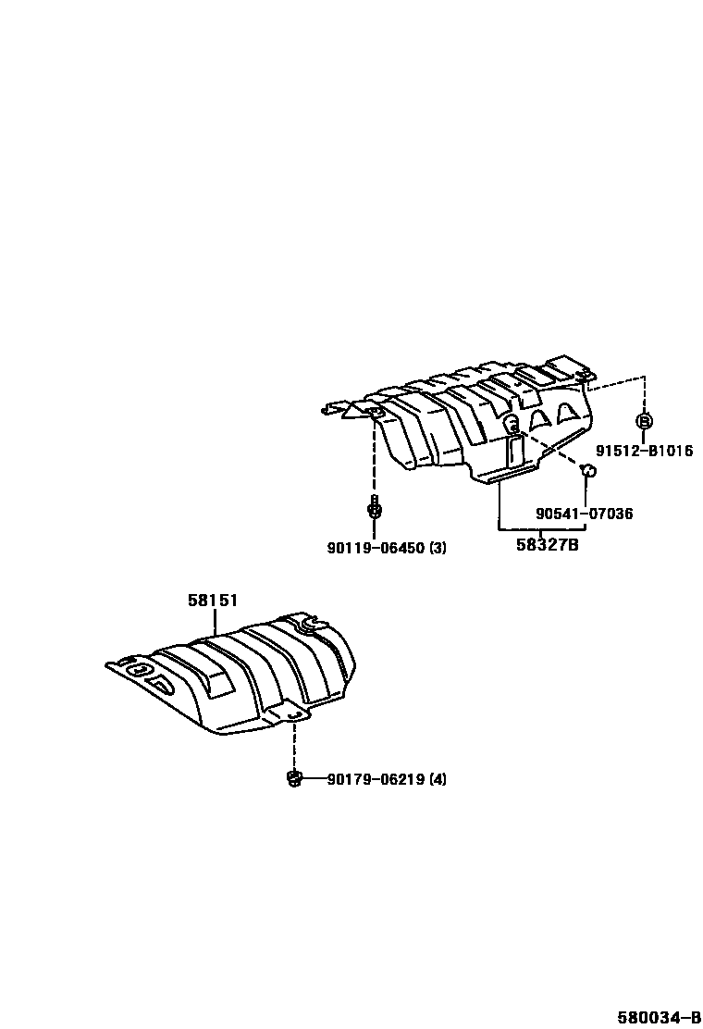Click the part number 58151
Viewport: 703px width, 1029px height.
(213, 601)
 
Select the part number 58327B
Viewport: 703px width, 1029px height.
(547, 546)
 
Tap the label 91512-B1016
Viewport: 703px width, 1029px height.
(644, 452)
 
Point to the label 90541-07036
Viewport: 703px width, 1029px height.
(585, 514)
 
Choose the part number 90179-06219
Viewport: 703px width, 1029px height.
(375, 779)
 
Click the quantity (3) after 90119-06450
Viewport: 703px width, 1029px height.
(437, 548)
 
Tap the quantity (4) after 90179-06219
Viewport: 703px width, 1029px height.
(437, 779)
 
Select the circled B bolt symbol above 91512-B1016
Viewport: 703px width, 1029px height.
(644, 421)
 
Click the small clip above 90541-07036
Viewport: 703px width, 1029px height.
(586, 472)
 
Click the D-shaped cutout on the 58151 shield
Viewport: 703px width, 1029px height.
(161, 684)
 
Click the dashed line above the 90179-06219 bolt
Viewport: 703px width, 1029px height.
(295, 745)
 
